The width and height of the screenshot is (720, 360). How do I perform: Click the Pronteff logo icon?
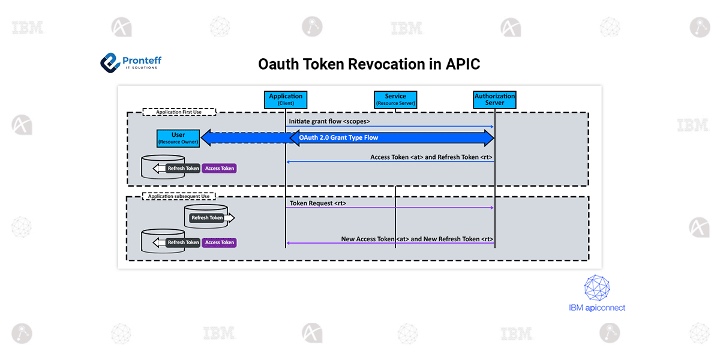coord(110,62)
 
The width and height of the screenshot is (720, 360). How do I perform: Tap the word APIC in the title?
coord(463,64)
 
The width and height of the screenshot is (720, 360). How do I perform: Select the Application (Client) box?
coord(286,100)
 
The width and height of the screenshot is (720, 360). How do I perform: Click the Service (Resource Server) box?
coord(395,100)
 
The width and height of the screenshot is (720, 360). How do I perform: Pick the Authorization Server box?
coord(494,100)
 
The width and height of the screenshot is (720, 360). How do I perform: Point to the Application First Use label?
coord(179,112)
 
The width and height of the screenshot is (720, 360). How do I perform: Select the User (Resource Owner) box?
coord(178,138)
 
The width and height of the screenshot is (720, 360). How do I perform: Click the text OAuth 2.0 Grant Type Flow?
coord(338,137)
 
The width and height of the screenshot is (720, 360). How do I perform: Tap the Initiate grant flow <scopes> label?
coord(329,121)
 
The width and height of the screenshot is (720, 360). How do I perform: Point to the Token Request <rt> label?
coord(318,203)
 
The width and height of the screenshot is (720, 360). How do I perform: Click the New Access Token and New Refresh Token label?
coord(417,239)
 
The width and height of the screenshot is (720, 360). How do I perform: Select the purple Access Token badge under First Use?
coord(220,169)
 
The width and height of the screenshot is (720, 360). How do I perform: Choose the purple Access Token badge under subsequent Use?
coord(220,242)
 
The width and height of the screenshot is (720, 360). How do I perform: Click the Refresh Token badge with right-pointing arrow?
coord(208,218)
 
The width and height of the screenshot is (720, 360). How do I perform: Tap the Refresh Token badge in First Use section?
coord(183,169)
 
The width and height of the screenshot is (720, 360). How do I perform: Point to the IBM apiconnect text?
coord(597,308)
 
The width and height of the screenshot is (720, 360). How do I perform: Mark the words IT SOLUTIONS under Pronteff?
coord(141,68)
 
